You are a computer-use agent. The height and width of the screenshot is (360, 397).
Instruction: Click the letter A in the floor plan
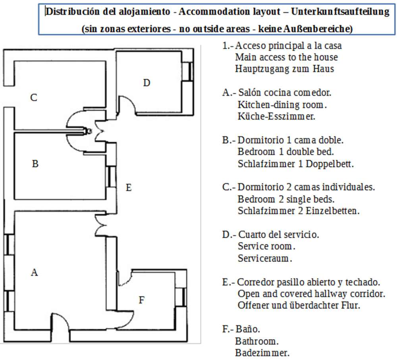[x=35, y=272]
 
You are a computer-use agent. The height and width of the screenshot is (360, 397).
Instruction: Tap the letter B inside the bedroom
[x=35, y=164]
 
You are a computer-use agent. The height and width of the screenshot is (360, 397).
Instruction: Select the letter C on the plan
[x=34, y=97]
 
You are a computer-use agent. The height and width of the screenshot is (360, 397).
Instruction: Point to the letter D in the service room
[x=146, y=83]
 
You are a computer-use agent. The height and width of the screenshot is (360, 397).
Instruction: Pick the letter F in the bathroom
[x=141, y=300]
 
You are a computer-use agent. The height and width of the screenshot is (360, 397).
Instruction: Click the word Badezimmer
[x=262, y=353]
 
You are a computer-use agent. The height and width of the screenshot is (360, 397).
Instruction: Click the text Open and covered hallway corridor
[x=312, y=294]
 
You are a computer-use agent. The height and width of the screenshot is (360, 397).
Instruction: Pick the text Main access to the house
[x=286, y=57]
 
